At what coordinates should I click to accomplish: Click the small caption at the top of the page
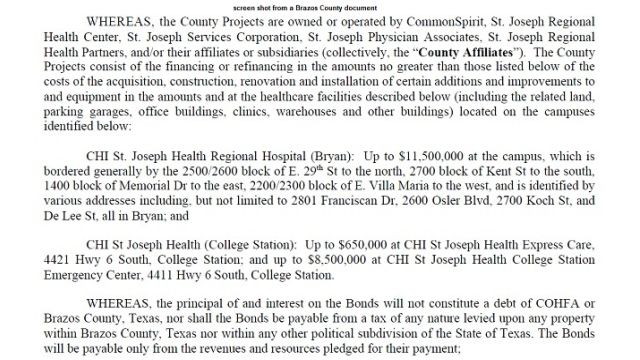tap(319, 6)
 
